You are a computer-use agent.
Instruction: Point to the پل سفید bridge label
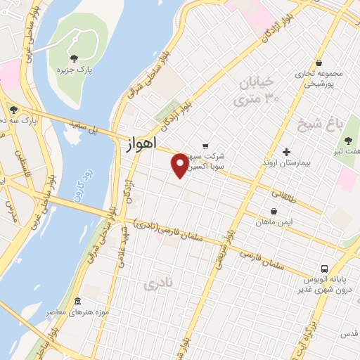pos(83,126)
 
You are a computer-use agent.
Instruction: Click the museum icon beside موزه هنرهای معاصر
pos(77,301)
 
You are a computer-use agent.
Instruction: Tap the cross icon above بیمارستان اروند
pos(286,152)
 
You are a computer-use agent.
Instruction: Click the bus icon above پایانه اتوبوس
pos(324,268)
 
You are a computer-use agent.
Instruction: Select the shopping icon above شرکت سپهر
pos(205,146)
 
